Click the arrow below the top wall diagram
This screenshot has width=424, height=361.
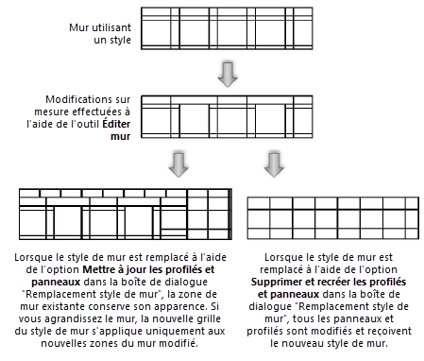click(x=228, y=75)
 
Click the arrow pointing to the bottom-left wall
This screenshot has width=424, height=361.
click(x=178, y=164)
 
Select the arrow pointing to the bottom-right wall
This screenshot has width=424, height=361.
click(x=274, y=164)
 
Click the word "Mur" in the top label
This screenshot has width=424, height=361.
click(x=78, y=27)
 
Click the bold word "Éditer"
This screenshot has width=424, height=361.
click(x=116, y=124)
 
